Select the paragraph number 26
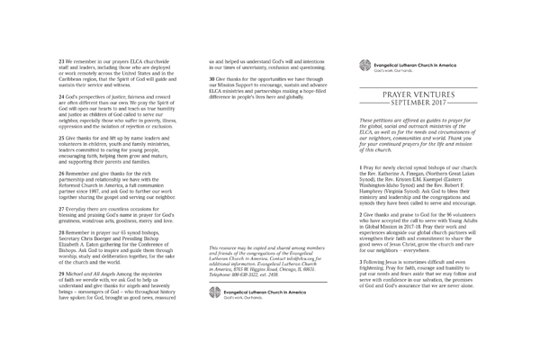[62, 171]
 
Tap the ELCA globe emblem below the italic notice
[211, 293]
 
